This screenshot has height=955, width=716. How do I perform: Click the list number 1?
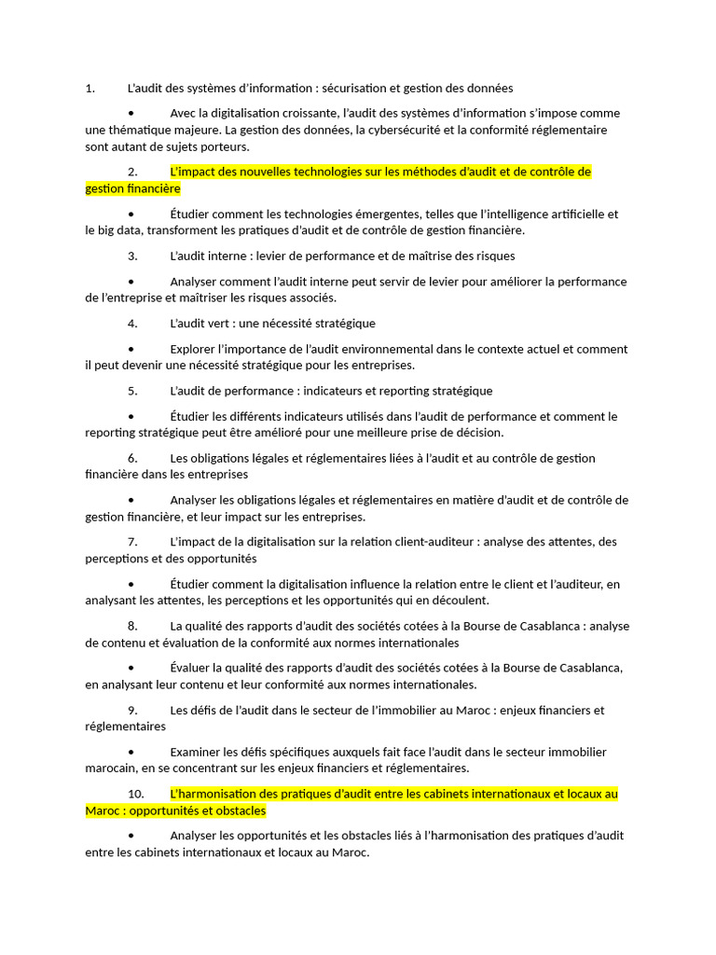click(x=89, y=89)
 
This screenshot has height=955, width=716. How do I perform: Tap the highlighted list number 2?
click(x=132, y=172)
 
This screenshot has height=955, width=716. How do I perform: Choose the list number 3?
click(x=132, y=256)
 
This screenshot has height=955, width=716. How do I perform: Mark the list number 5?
click(x=132, y=391)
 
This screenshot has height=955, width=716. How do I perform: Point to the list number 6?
click(x=132, y=458)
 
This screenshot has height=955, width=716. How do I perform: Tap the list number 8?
click(x=132, y=626)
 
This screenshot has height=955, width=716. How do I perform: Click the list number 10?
click(x=136, y=794)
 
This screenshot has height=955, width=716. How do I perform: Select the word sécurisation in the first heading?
click(x=353, y=89)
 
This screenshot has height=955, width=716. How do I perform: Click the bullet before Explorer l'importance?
click(x=131, y=350)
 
